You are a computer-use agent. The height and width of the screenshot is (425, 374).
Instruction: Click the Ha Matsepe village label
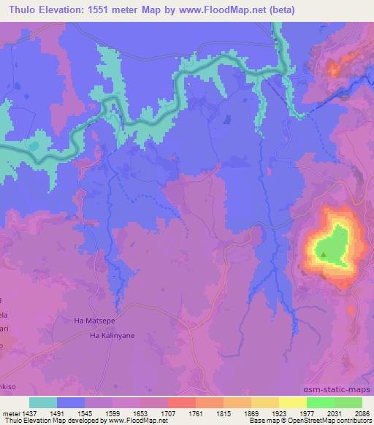pos(96,320)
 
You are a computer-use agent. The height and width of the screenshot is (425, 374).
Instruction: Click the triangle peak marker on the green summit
pos(324,254)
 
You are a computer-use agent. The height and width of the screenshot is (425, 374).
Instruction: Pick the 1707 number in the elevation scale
pos(183,413)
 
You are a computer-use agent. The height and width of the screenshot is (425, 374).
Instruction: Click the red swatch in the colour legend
pos(181,402)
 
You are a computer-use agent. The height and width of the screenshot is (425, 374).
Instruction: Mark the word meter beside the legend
pos(12,413)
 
